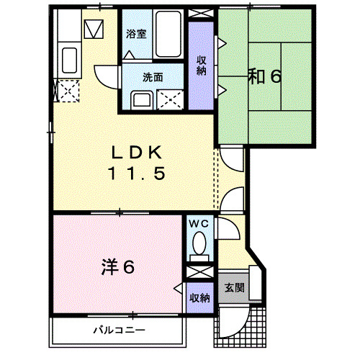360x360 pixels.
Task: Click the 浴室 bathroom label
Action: point(136,34)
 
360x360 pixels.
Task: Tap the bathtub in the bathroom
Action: point(168,34)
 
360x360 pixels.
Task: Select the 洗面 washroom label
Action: point(153,77)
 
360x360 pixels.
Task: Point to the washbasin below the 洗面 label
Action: point(142,100)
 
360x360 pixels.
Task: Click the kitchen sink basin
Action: point(69,60)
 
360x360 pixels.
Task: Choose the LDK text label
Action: point(137,153)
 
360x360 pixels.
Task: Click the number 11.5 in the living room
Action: point(137,174)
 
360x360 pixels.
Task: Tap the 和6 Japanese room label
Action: point(265,76)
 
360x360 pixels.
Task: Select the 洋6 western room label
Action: point(118,266)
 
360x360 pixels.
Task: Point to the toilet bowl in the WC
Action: point(199,243)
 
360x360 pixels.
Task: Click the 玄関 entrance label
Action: point(235,287)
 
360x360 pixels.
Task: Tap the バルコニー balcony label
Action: point(120,330)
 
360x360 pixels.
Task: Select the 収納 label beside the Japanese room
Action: point(202,66)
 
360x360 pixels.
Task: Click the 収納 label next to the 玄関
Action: point(199,298)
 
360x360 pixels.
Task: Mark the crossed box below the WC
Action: point(200,272)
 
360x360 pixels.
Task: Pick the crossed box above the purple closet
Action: point(201,13)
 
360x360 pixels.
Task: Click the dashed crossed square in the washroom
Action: point(170,100)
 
